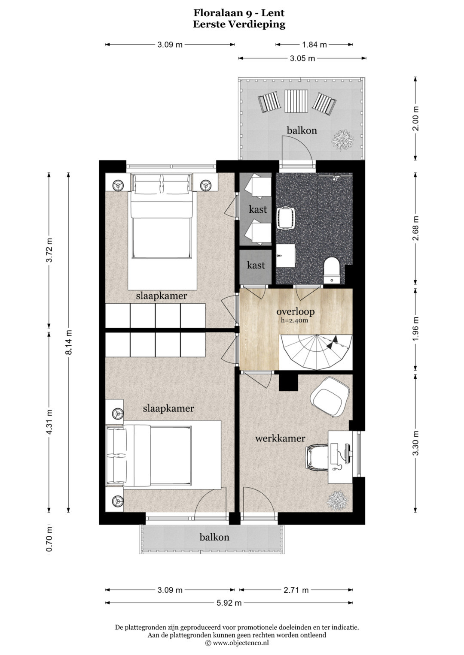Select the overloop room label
point(295,311)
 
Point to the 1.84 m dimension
point(314,45)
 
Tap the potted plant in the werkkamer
point(337,500)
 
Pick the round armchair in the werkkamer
point(330,397)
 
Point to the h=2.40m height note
point(294,320)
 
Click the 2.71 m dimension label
point(296,590)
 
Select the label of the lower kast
point(256,265)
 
